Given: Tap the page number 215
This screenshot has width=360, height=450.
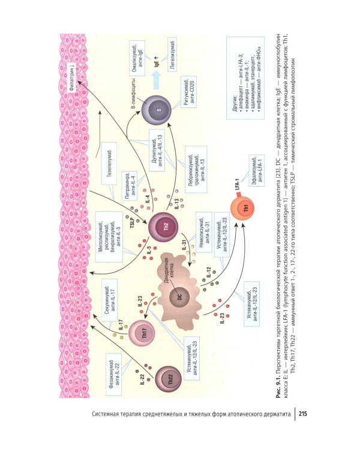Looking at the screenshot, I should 302,415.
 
